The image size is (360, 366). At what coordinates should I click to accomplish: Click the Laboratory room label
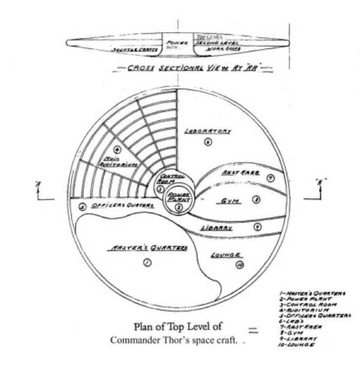click(x=208, y=130)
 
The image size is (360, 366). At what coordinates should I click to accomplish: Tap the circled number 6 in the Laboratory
click(x=208, y=142)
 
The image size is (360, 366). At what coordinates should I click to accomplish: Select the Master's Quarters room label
click(x=147, y=247)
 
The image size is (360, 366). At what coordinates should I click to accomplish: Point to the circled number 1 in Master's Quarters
click(x=148, y=262)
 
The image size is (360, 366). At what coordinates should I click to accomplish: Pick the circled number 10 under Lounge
click(x=239, y=265)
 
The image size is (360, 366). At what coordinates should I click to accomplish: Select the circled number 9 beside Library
click(x=257, y=227)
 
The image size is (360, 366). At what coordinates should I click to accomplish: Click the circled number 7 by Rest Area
click(x=271, y=178)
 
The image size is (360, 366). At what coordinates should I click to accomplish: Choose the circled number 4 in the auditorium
click(x=118, y=149)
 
